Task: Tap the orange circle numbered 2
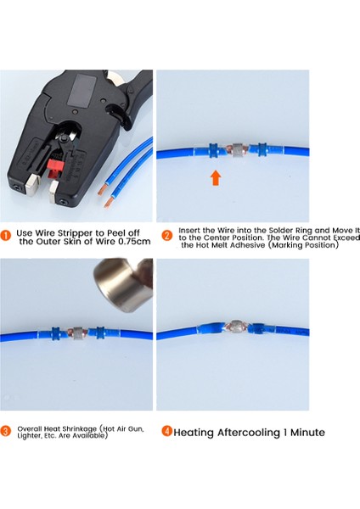[x=167, y=234]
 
